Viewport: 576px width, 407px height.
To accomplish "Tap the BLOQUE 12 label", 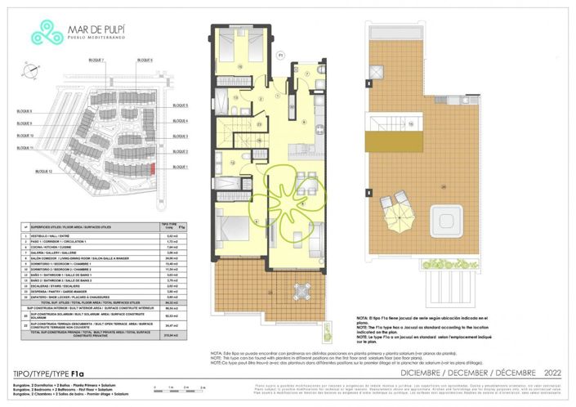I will point(38,172).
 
